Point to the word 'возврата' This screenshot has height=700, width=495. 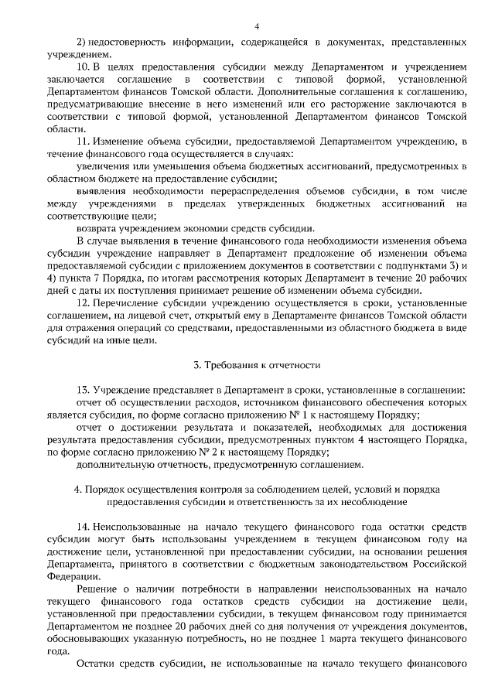(98, 227)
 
